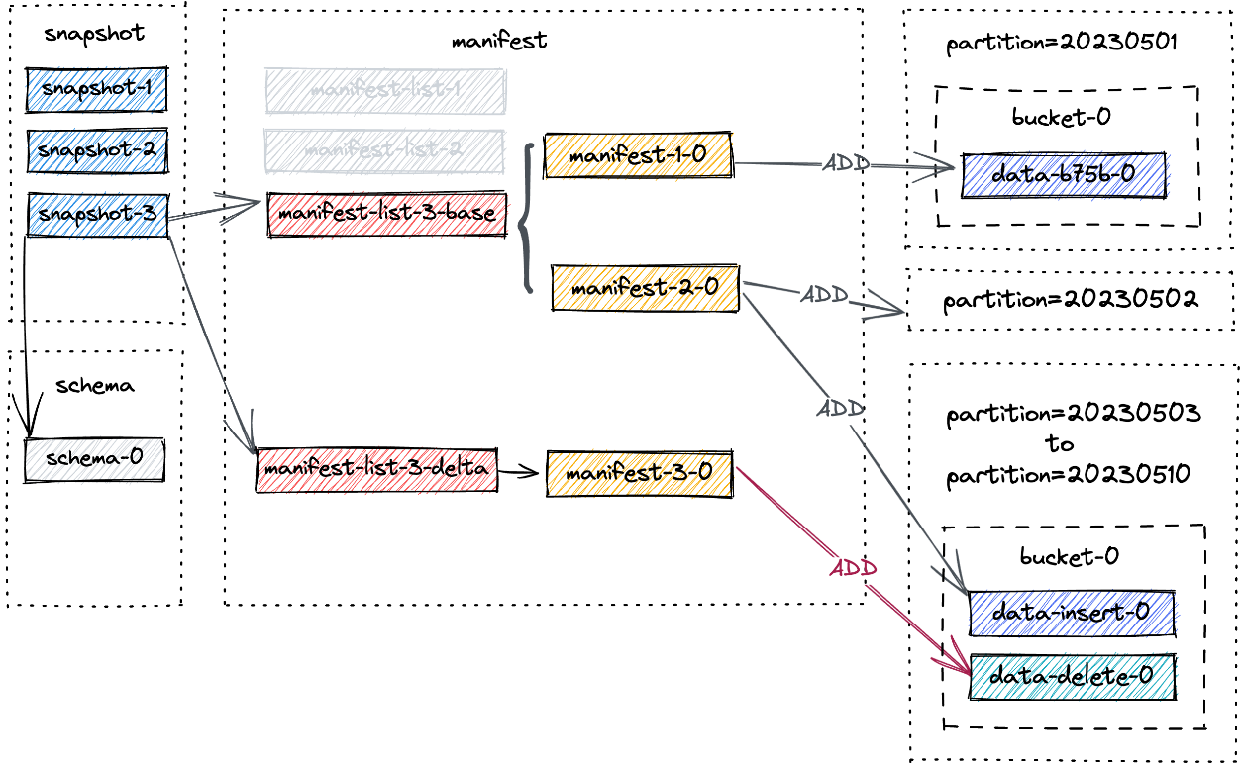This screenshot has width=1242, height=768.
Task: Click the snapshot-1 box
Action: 96,89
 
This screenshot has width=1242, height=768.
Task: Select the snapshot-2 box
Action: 96,150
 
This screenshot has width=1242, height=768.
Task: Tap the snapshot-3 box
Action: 97,214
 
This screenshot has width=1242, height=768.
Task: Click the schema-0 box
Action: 94,459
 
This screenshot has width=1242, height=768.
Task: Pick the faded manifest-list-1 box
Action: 385,90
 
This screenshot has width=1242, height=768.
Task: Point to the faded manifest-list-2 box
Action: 383,150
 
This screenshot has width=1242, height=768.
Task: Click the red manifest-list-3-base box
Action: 387,214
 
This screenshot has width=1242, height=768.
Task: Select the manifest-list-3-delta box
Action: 376,469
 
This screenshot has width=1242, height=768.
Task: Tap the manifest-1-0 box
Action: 638,155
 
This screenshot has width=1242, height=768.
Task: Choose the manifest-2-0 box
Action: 645,288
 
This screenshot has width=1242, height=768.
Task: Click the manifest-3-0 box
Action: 639,473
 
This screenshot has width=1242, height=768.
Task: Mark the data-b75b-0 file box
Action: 1063,175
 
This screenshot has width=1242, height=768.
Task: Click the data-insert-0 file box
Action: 1071,613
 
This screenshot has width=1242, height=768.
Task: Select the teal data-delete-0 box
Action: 1072,677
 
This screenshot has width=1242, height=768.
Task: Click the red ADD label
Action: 852,569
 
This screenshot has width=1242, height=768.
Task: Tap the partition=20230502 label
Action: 1071,299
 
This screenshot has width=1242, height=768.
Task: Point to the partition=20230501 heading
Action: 1061,44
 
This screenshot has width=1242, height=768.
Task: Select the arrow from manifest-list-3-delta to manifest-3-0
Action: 519,473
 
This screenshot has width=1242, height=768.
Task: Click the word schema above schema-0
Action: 95,386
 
